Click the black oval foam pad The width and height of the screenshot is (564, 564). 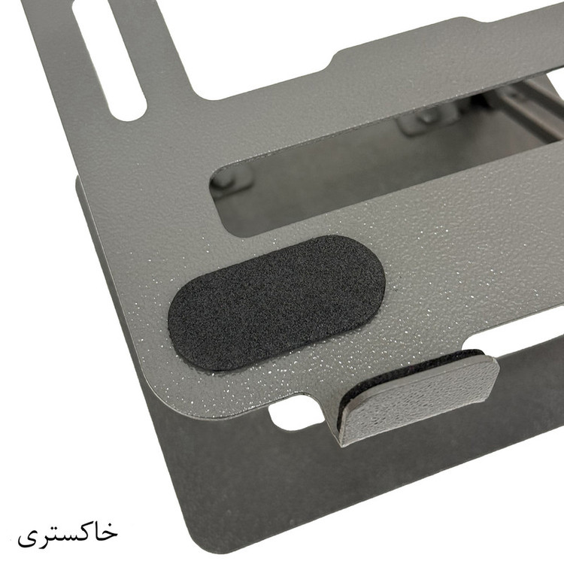tap(276, 303)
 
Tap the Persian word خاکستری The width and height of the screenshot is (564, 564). tap(68, 532)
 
